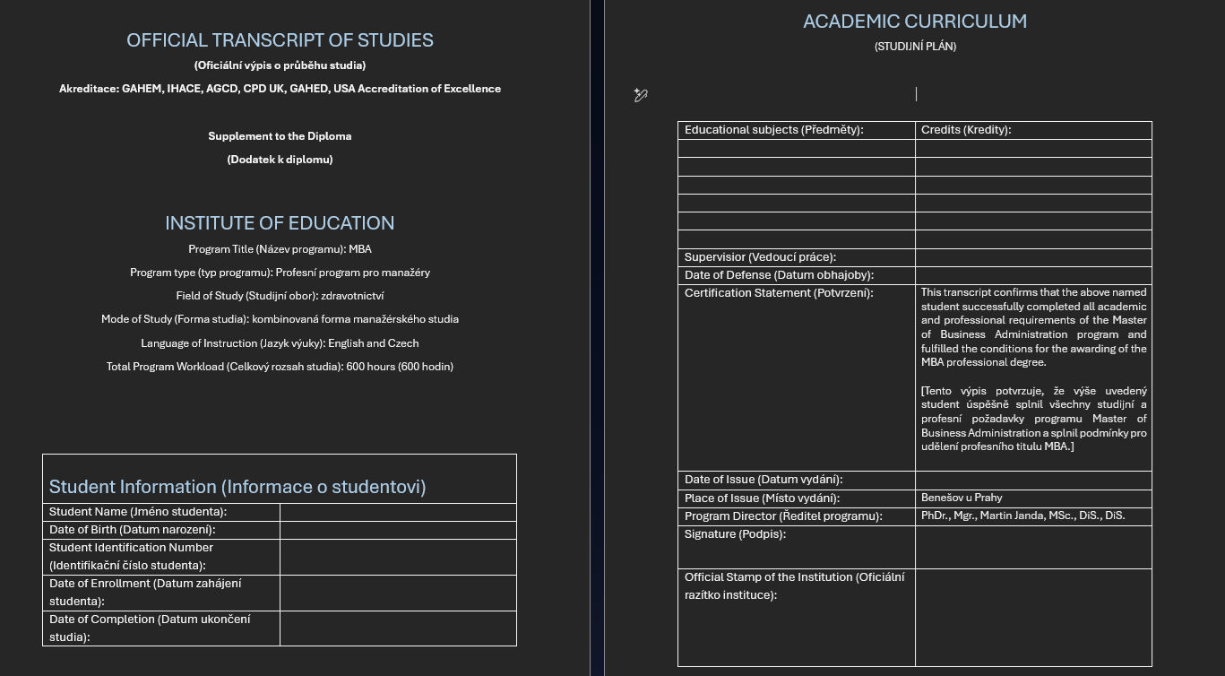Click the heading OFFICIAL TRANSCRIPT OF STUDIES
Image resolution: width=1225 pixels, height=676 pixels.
tap(280, 40)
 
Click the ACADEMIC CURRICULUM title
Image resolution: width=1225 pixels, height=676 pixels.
tap(915, 22)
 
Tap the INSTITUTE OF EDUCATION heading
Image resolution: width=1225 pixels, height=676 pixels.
tap(280, 223)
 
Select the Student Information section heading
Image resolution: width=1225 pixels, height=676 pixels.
tap(237, 487)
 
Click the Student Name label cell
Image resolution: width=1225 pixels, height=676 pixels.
tap(138, 512)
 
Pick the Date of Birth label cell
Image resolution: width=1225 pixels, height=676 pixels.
tap(133, 530)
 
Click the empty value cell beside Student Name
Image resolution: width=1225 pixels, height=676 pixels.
tap(398, 512)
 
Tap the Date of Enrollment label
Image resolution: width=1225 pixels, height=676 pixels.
tap(145, 592)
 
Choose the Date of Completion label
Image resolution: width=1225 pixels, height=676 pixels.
tap(150, 628)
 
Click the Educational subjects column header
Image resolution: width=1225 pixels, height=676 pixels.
tap(773, 130)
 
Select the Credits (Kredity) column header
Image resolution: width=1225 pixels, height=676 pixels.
tap(966, 130)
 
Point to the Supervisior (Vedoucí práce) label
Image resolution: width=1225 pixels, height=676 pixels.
tap(760, 257)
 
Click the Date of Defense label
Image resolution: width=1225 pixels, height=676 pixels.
tap(766, 275)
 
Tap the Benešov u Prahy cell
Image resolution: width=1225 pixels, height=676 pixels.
tap(962, 498)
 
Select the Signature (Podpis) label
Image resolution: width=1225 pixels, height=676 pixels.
tap(735, 534)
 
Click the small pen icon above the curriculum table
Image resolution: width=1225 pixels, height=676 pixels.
tap(640, 95)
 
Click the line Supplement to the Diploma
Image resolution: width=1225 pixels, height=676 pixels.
tap(280, 136)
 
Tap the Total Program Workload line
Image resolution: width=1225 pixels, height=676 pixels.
tap(280, 367)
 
